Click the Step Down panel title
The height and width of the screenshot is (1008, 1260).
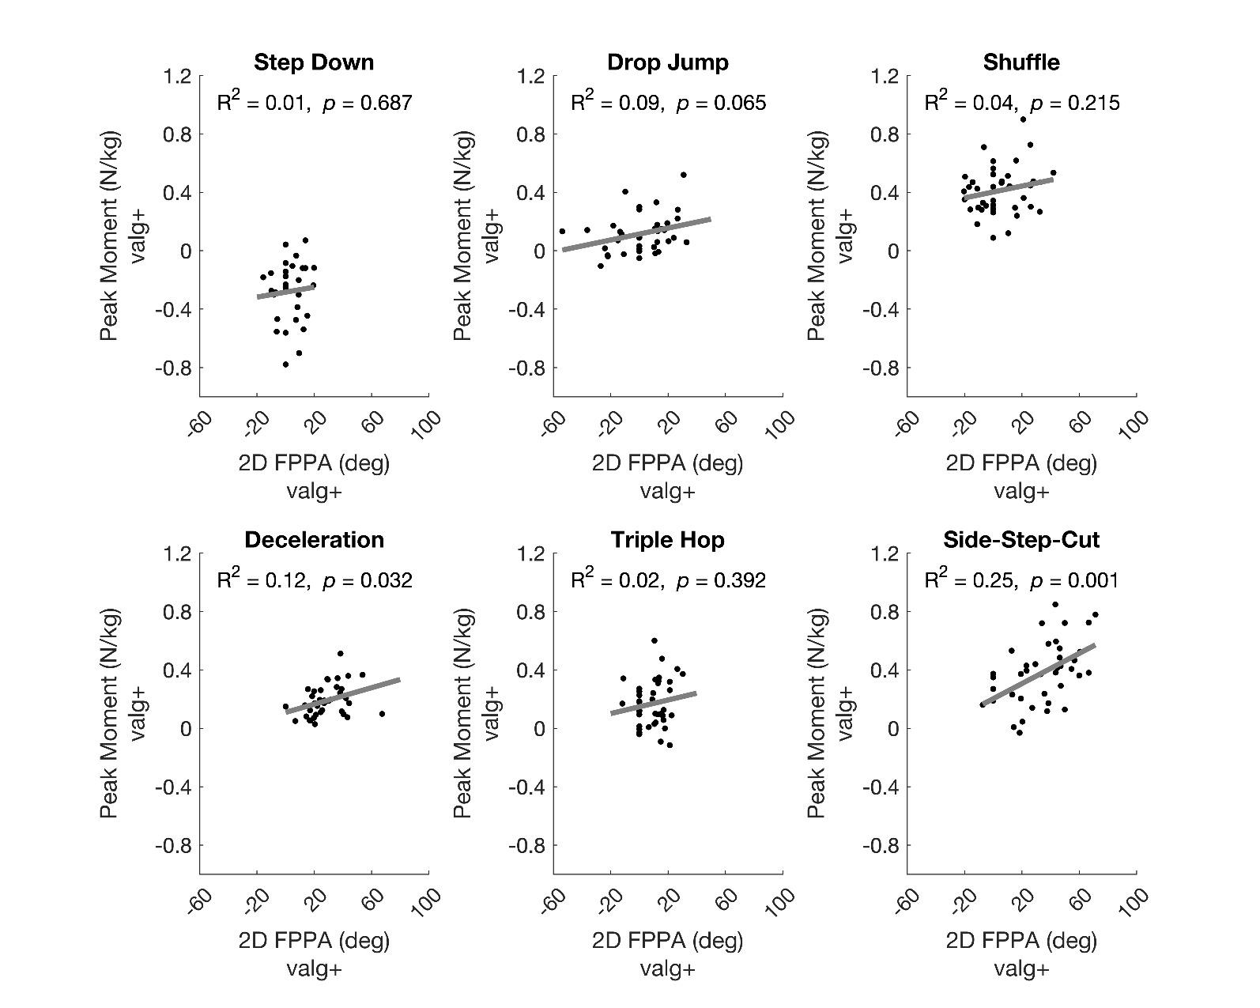coord(314,62)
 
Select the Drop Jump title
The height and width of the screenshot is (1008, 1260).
coord(668,62)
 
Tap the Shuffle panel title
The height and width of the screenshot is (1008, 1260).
coord(1021,62)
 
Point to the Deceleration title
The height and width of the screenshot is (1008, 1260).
coord(314,540)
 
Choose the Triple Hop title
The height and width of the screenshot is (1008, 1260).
coord(668,540)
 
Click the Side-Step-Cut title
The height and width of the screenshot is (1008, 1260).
coord(1021,540)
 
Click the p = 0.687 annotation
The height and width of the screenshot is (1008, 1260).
coord(368,103)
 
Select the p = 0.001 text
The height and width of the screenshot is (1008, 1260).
coord(1075,581)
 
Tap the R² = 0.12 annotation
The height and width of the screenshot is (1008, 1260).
coord(262,580)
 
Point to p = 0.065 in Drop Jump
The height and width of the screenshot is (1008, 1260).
coord(721,103)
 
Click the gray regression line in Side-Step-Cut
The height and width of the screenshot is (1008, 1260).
coord(1039,674)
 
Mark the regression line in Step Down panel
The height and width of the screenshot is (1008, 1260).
coord(285,292)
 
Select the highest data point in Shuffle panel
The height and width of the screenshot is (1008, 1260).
coord(1022,119)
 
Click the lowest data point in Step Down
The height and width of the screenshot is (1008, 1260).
coord(285,364)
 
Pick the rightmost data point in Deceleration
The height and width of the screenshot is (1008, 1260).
coord(382,714)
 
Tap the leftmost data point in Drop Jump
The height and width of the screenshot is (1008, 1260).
coord(562,232)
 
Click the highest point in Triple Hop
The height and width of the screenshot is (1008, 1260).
coord(655,641)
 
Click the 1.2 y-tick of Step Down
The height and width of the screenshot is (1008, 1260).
coord(178,76)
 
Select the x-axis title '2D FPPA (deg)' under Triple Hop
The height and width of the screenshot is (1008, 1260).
coord(668,940)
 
